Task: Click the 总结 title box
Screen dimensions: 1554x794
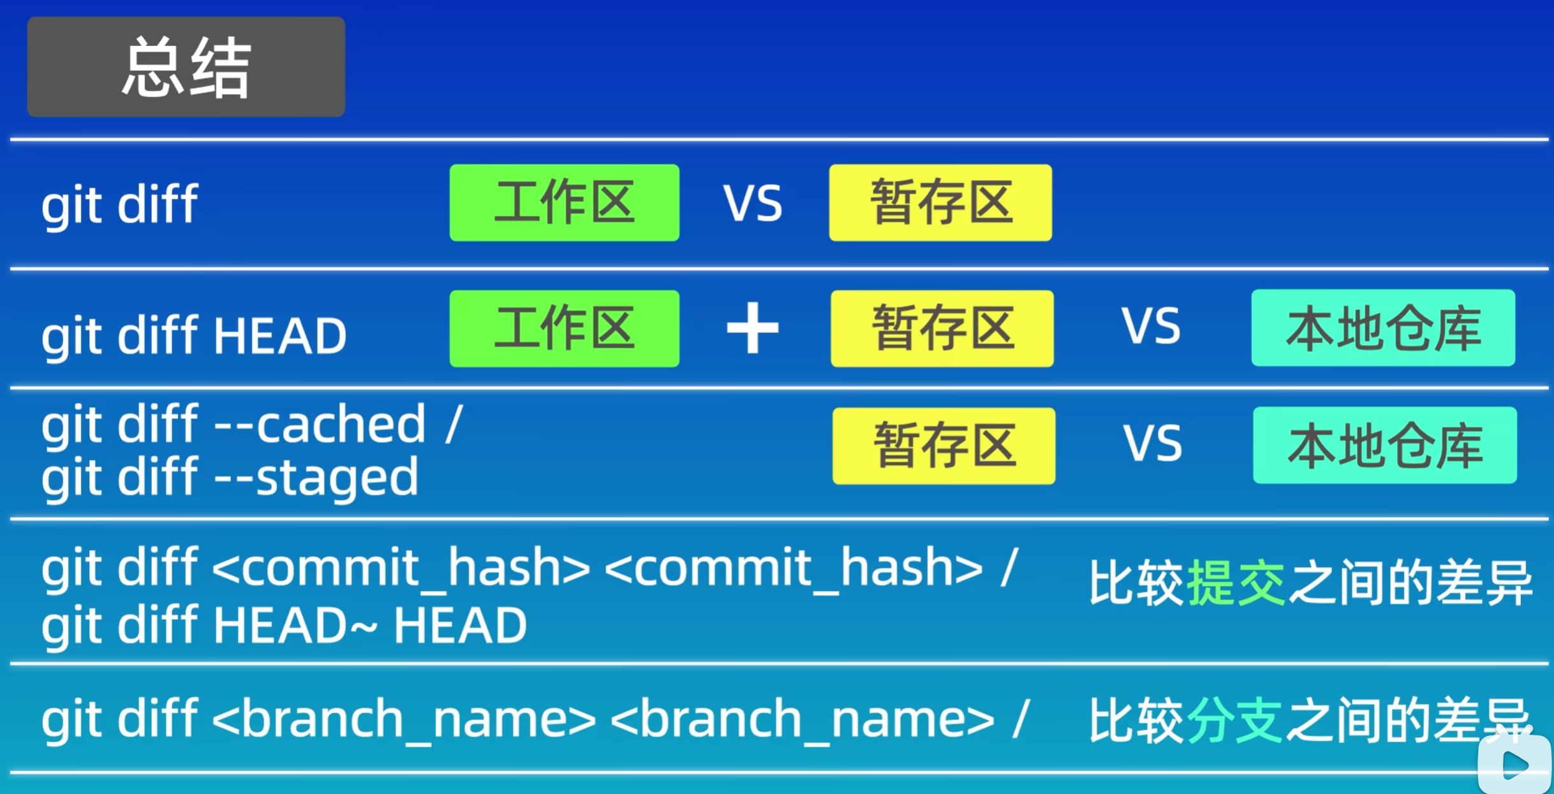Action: click(x=186, y=67)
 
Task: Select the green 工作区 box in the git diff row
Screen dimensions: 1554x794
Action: click(x=564, y=203)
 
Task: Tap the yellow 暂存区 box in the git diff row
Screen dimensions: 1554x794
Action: click(x=940, y=203)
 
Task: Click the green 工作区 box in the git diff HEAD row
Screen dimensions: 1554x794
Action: click(x=564, y=328)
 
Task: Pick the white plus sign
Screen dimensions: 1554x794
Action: click(x=753, y=328)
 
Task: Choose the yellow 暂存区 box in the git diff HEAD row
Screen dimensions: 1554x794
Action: click(x=942, y=328)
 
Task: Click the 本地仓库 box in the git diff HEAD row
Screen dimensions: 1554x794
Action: click(x=1383, y=328)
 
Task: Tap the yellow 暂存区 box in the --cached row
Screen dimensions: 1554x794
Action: click(x=944, y=446)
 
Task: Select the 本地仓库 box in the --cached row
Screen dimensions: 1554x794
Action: click(x=1384, y=445)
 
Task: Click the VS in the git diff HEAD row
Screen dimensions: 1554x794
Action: click(x=1151, y=327)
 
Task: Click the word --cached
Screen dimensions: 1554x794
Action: click(x=319, y=424)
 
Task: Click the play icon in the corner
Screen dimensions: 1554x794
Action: click(x=1515, y=765)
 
